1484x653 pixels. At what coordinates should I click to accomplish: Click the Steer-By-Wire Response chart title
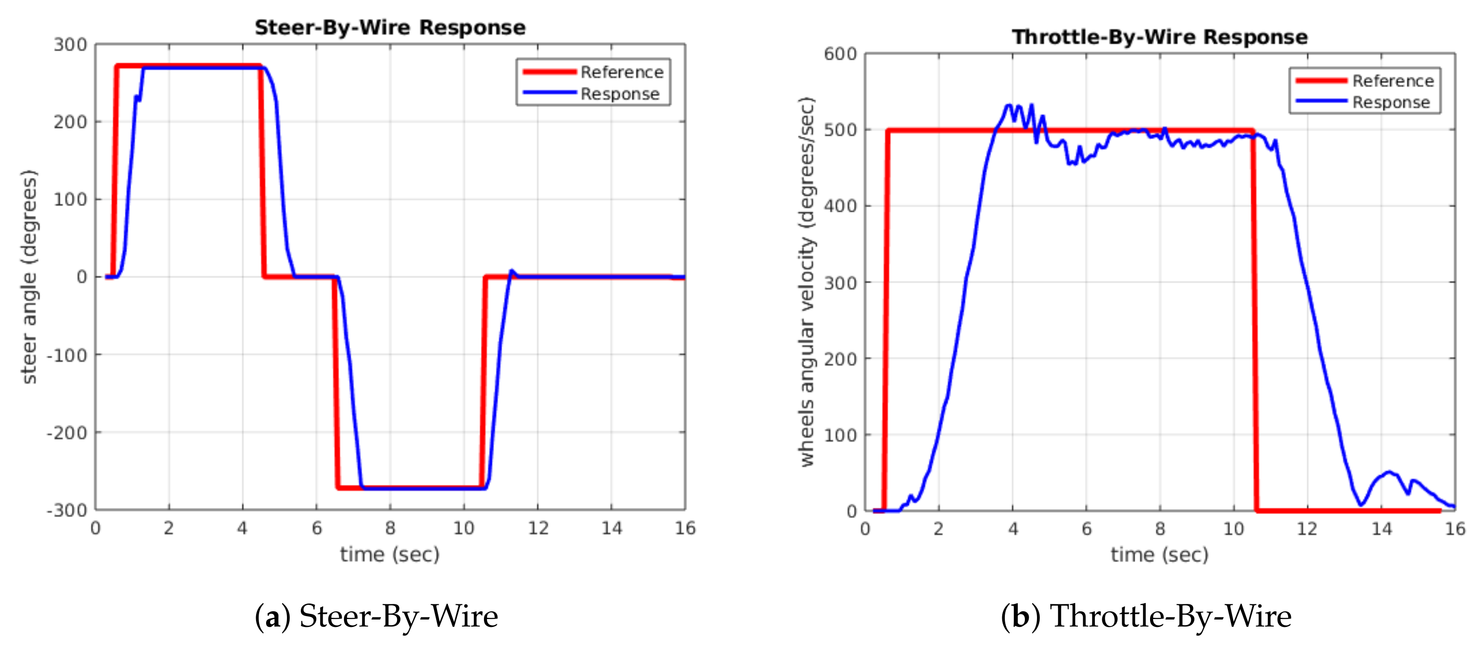coord(390,27)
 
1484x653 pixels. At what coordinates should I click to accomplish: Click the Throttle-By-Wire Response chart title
coord(1160,37)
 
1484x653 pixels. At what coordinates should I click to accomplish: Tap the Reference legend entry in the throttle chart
coord(1392,81)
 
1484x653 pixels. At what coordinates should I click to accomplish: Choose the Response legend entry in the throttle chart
coord(1391,103)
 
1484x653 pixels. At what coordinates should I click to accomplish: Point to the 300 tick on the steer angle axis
coord(70,44)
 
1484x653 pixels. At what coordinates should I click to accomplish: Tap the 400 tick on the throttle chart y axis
coord(840,206)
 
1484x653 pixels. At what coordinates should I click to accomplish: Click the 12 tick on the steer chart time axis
coord(538,528)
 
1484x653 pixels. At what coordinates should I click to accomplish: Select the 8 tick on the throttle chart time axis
coord(1160,529)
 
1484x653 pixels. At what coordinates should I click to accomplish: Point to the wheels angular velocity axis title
coord(808,282)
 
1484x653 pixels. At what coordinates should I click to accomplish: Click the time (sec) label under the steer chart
coord(390,554)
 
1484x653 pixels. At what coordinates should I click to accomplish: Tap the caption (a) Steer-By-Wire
coord(376,616)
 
